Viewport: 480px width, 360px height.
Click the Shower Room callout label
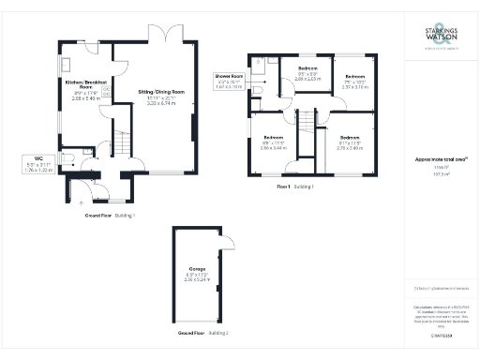[x=229, y=79]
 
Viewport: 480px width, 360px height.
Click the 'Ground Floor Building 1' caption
[x=110, y=216]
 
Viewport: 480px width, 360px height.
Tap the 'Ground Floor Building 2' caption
[x=203, y=333]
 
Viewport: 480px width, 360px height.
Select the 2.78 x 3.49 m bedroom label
[x=349, y=143]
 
